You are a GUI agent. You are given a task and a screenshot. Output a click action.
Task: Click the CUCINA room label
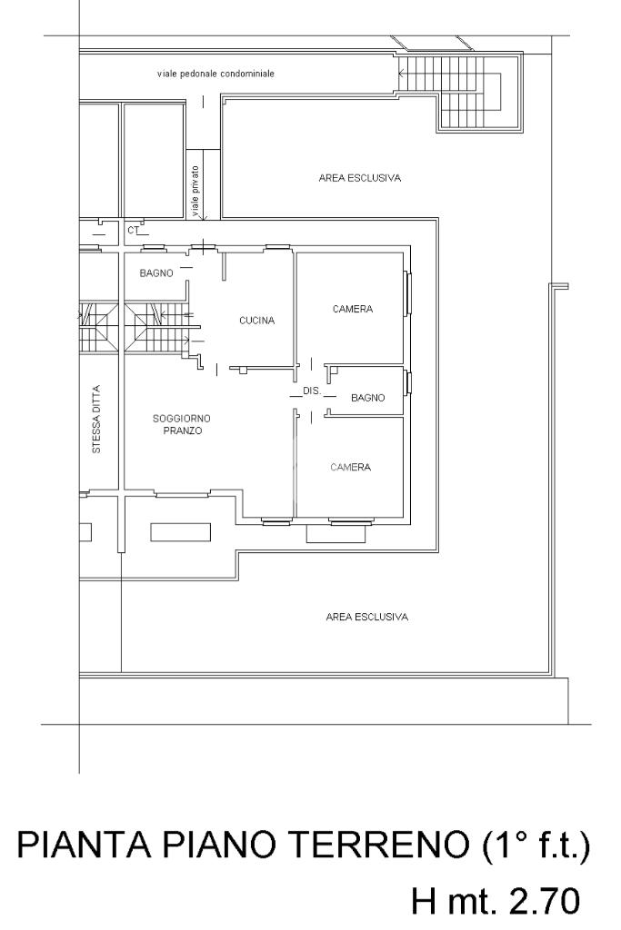[x=256, y=321]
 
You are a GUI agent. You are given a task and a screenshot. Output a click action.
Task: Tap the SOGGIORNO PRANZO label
[x=182, y=425]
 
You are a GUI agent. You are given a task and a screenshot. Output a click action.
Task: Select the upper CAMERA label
[x=353, y=309]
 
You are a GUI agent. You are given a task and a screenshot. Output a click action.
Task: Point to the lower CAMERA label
[x=350, y=468]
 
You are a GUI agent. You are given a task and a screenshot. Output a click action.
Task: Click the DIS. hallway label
[x=312, y=391]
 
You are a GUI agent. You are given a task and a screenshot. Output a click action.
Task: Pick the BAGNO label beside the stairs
[x=156, y=273]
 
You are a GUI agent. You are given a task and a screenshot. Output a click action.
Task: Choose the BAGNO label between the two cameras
[x=368, y=398]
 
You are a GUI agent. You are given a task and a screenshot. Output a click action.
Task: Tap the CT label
[x=133, y=230]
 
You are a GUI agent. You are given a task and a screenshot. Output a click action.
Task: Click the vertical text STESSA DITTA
[x=96, y=420]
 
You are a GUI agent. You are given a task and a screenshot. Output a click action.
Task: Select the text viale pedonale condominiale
[x=215, y=74]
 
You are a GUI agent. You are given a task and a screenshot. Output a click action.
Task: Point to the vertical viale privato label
[x=195, y=191]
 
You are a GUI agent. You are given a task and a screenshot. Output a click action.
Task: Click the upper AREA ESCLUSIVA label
[x=360, y=178]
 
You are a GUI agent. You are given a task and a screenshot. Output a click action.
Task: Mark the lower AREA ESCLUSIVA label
[x=367, y=617]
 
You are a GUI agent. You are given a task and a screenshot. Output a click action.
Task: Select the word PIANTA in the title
[x=84, y=846]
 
